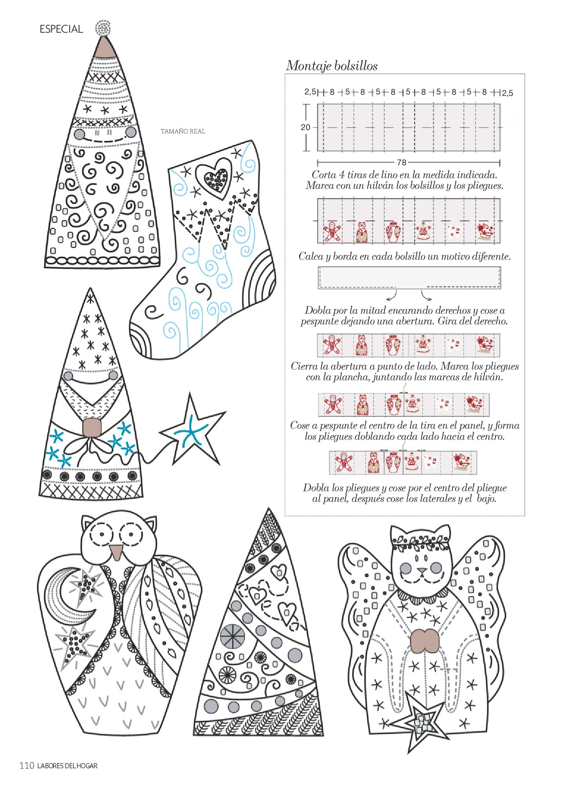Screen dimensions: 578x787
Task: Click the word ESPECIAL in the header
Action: [61, 29]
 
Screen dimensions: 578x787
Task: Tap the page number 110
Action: [27, 765]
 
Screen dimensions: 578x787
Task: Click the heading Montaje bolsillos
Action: [332, 66]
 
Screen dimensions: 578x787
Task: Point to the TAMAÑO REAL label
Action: [183, 131]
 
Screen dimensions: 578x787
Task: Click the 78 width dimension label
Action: [401, 162]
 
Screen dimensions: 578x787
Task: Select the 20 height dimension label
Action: [305, 127]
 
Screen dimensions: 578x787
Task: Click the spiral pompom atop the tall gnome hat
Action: [103, 28]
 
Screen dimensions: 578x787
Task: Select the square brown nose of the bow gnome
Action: [92, 427]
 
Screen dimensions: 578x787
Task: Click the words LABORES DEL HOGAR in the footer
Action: [68, 766]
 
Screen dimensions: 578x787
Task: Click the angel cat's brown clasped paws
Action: [425, 641]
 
